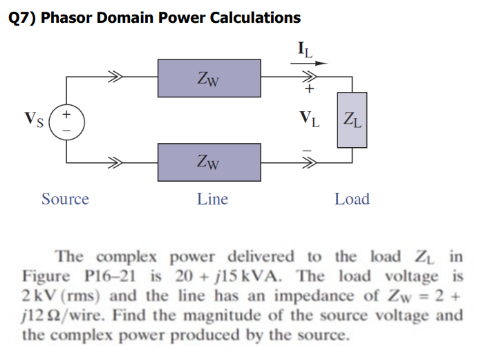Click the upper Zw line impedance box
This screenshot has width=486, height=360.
[x=209, y=78]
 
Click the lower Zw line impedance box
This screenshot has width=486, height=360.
[x=209, y=162]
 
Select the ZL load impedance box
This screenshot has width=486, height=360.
[x=351, y=120]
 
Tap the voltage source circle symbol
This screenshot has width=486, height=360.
[x=66, y=120]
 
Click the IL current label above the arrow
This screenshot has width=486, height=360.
[x=304, y=50]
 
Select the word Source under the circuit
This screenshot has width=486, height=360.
[x=65, y=199]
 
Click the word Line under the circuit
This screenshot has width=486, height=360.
[x=212, y=199]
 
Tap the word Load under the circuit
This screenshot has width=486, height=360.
[x=352, y=199]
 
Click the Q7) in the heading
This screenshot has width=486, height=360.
[x=22, y=18]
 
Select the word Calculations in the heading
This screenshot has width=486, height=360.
[x=255, y=18]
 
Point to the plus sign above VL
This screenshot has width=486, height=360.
[x=310, y=90]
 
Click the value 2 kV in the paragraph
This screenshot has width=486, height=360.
[x=38, y=296]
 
